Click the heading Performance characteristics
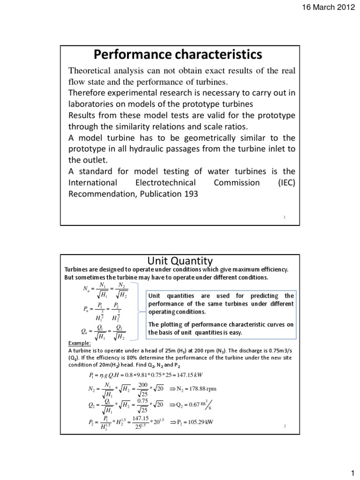pos(178,55)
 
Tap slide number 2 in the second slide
pos(285,426)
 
